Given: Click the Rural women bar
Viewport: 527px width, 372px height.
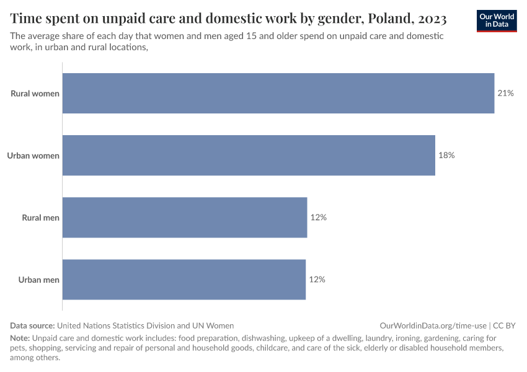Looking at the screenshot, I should click(278, 94).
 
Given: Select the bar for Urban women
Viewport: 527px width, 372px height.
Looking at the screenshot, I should click(249, 156).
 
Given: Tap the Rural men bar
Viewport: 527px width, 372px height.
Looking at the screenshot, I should click(185, 218).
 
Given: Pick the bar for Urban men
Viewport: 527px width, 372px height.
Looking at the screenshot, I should click(184, 280).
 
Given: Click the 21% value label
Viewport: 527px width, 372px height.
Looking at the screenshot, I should click(505, 94).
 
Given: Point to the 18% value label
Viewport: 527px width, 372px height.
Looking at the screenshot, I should click(446, 156).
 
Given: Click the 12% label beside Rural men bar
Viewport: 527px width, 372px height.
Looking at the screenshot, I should click(319, 218).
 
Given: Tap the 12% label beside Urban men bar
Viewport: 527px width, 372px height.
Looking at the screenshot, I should click(317, 280).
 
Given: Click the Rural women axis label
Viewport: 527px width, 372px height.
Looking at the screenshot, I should click(35, 94).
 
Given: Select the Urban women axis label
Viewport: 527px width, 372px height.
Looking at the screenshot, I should click(33, 156).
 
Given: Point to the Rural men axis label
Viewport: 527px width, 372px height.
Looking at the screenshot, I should click(41, 218).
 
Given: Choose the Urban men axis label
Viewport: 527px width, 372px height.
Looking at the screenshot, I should click(39, 280).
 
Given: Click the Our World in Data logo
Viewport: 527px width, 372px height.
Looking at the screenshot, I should click(497, 20).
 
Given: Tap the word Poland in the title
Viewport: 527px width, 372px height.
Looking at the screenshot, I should click(384, 18).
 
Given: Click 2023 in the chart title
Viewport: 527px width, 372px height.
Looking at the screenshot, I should click(430, 18).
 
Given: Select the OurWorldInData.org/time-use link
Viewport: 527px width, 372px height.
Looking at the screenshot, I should click(433, 325).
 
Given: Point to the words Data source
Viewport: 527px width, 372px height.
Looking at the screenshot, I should click(32, 325).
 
